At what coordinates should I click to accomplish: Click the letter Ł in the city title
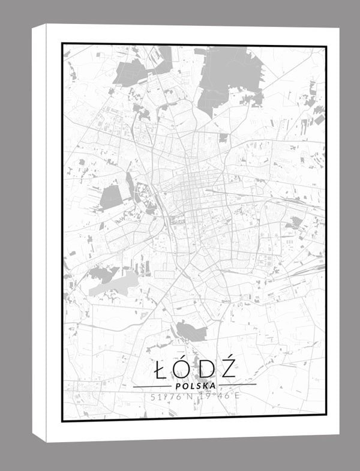[159, 370]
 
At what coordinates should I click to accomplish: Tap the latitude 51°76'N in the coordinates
[172, 397]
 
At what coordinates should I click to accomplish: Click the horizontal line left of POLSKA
[151, 386]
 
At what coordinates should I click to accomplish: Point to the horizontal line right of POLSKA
[237, 385]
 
